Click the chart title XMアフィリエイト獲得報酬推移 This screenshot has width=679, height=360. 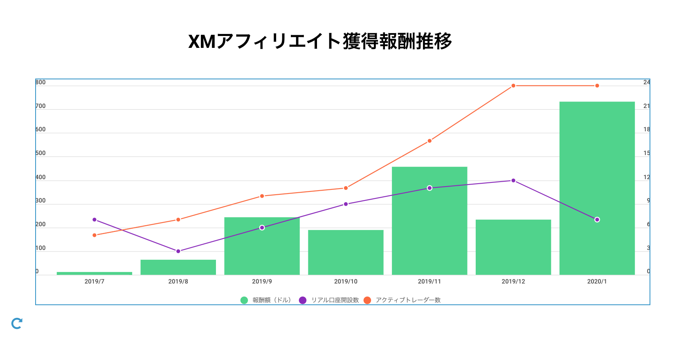[x=320, y=41]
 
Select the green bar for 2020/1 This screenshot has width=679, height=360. [x=597, y=188]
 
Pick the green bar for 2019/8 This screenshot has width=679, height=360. [x=178, y=267]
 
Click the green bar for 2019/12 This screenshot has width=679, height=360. [x=513, y=247]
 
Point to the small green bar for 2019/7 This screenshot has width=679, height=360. [x=94, y=273]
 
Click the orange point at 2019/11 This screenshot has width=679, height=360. [x=429, y=141]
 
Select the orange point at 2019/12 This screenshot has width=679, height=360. [x=513, y=86]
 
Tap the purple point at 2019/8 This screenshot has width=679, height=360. [x=178, y=251]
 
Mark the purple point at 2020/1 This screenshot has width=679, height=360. [x=597, y=220]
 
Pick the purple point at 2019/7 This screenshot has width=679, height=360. [x=94, y=220]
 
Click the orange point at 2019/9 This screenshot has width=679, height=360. [x=262, y=196]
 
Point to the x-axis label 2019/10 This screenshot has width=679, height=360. [x=346, y=281]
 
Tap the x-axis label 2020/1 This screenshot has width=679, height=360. [x=597, y=281]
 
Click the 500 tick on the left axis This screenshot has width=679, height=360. [x=40, y=153]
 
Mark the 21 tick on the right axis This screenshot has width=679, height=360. [x=646, y=106]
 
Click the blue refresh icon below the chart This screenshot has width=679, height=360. [x=17, y=324]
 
